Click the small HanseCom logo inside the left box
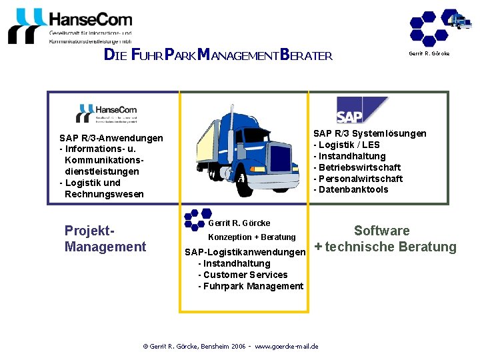[107, 113]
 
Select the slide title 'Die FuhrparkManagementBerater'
[218, 55]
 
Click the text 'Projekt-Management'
[105, 239]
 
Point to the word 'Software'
[381, 231]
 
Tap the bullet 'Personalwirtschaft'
[359, 179]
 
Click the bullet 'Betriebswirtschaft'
[359, 167]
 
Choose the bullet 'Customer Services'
[243, 275]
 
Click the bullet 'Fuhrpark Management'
[251, 286]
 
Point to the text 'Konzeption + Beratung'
[252, 237]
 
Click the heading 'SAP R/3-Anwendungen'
[111, 138]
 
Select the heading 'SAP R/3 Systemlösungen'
[370, 133]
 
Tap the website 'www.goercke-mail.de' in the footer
[286, 346]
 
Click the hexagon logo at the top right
[439, 27]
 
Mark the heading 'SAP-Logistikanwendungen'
[245, 252]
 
